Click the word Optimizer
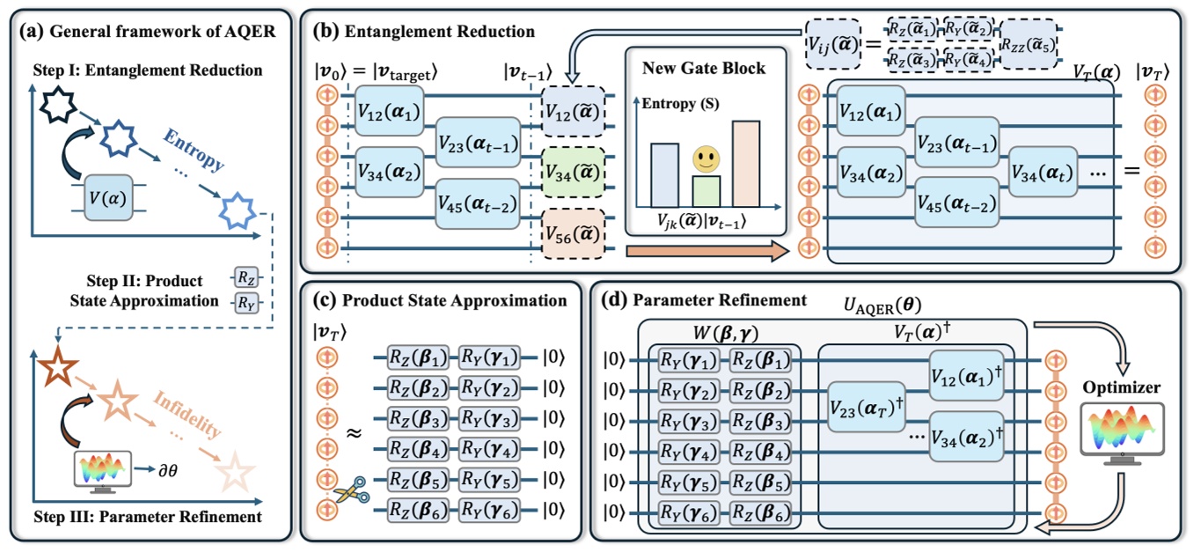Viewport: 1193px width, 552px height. (1118, 386)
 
